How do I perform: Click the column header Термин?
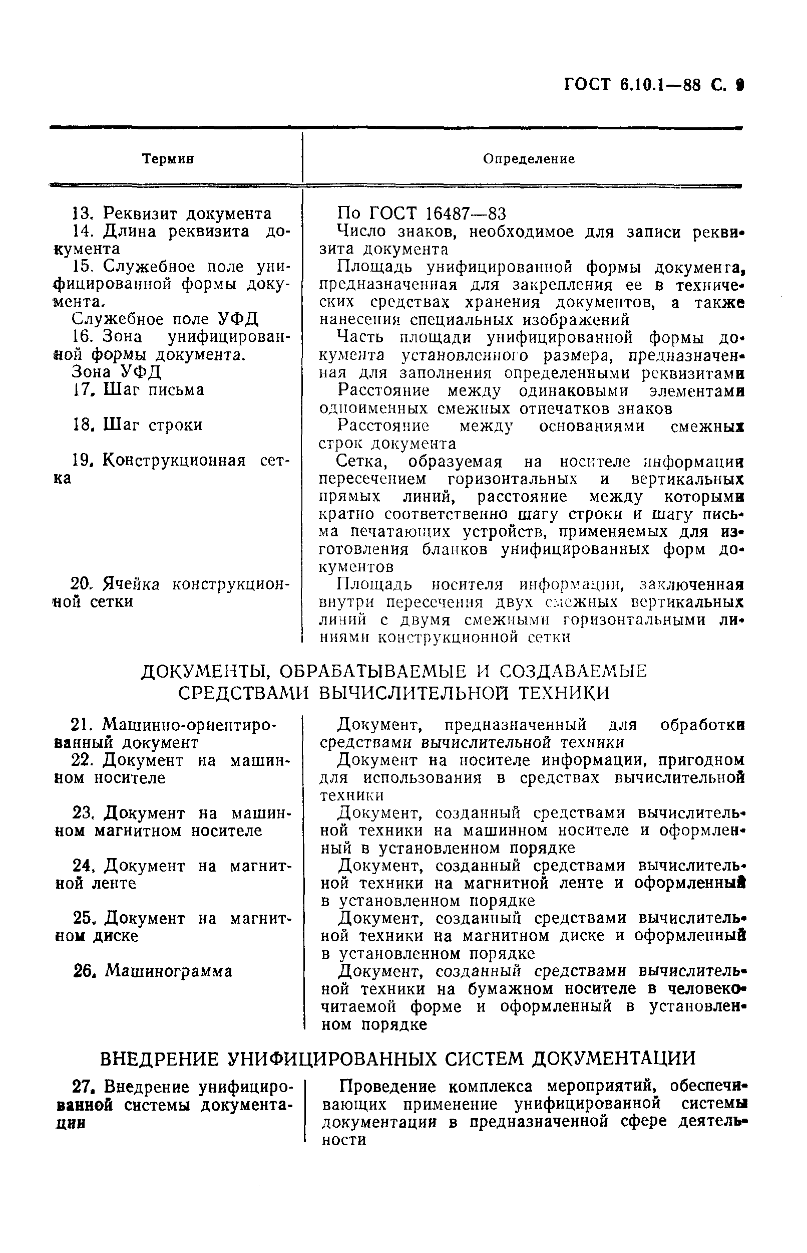(168, 159)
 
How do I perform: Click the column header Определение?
(529, 159)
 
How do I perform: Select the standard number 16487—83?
(466, 214)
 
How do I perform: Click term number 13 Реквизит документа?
(171, 214)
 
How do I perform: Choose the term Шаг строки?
(153, 425)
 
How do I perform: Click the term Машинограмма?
(168, 971)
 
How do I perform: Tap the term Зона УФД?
(116, 372)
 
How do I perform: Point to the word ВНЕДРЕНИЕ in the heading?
(160, 1059)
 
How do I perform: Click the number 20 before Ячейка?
(81, 584)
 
